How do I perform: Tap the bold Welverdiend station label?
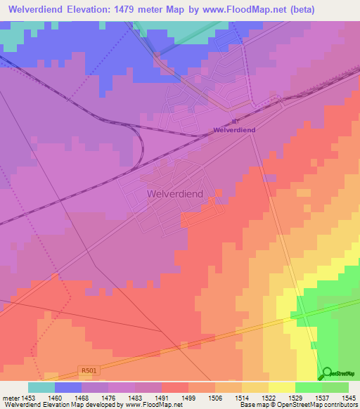tap(234, 130)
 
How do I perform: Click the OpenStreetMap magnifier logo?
tap(327, 373)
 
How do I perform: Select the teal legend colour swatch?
tap(41, 387)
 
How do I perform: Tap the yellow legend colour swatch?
tap(281, 387)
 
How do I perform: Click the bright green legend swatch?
tap(308, 387)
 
